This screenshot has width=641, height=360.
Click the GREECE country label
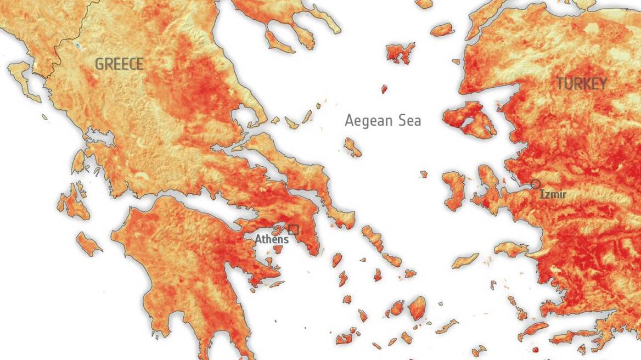[119, 64]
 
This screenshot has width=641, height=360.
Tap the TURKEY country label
[582, 84]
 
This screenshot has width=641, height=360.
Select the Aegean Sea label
[383, 120]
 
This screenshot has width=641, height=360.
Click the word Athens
[271, 239]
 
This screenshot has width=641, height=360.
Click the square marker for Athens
[293, 229]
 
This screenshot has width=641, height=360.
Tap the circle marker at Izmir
[536, 184]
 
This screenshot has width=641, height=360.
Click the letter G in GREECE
[99, 64]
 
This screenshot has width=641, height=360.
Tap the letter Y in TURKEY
[603, 84]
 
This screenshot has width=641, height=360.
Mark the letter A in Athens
[258, 239]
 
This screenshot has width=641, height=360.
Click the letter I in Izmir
[542, 195]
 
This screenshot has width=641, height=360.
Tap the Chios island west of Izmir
[454, 189]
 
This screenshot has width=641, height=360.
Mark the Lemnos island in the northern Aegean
[400, 53]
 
